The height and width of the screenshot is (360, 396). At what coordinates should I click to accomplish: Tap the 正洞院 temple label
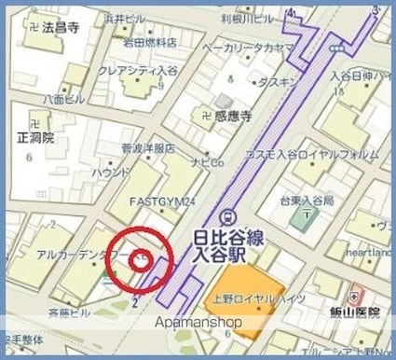(x=36, y=137)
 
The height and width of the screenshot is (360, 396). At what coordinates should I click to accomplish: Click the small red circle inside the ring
(x=141, y=259)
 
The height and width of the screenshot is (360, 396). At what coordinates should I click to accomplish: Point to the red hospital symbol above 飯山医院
(x=352, y=294)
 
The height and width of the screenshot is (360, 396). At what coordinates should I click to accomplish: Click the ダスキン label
(x=277, y=82)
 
